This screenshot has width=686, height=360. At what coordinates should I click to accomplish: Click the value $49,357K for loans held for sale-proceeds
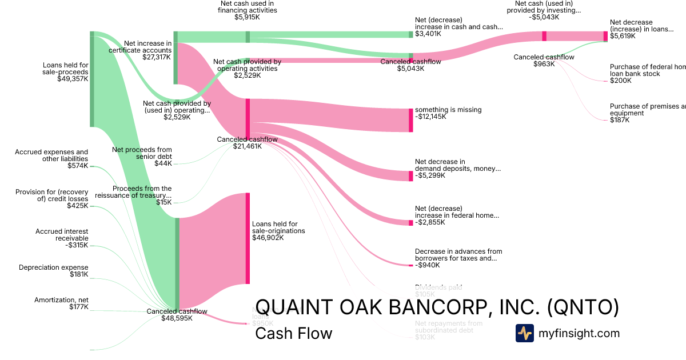[x=73, y=79]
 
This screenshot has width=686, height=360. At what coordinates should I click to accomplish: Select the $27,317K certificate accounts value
[x=156, y=57]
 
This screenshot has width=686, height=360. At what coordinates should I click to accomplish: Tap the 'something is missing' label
[x=448, y=110]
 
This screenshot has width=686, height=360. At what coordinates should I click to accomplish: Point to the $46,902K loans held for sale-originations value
[x=268, y=238]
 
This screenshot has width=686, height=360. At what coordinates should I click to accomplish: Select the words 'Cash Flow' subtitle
[x=293, y=333]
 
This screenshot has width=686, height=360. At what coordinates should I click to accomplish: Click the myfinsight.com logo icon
[x=524, y=333]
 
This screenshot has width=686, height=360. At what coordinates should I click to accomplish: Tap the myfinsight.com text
[x=579, y=333]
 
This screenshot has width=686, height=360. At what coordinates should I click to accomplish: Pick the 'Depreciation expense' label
[x=53, y=267]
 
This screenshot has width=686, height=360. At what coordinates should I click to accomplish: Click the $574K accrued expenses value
[x=78, y=166]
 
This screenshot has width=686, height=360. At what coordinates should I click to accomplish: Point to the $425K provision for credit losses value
[x=78, y=206]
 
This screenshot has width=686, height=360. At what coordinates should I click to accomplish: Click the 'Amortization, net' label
[x=61, y=300]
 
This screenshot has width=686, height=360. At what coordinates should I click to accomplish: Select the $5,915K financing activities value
[x=247, y=17]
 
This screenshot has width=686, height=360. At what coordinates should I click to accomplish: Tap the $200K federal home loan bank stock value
[x=621, y=81]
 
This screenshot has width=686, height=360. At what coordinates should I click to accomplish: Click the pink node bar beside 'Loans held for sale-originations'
[x=248, y=238]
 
